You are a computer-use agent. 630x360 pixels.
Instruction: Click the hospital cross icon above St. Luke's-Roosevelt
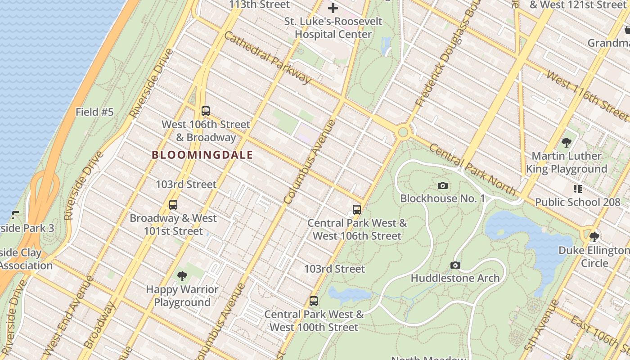333,8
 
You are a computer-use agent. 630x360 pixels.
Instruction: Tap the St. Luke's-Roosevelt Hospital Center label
333,27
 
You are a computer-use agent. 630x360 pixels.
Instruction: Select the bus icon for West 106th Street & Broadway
206,111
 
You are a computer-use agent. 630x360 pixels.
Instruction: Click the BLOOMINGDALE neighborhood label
202,155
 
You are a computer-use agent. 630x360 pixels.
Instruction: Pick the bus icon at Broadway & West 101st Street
173,205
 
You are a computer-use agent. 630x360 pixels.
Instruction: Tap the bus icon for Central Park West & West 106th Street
357,209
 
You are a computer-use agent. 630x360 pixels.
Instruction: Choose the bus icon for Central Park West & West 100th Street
314,301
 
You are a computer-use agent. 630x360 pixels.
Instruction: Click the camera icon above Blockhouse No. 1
443,185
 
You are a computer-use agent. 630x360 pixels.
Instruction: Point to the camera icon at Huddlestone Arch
455,265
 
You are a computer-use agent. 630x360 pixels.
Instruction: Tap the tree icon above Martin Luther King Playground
567,143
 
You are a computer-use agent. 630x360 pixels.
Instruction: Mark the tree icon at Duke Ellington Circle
594,237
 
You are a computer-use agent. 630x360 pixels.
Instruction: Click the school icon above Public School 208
578,189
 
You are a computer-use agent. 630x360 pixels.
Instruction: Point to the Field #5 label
94,112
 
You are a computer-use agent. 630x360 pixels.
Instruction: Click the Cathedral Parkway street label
267,58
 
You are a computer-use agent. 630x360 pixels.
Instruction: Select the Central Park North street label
472,170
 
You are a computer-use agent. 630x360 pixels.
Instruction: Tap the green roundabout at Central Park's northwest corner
403,132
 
